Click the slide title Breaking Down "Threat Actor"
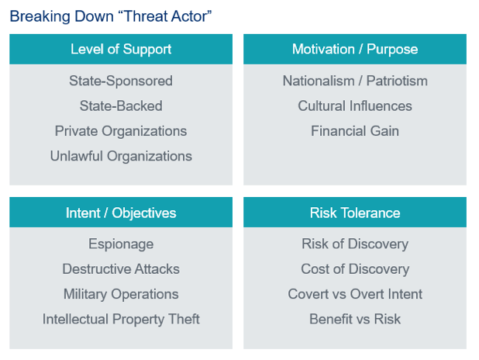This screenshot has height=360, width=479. click(111, 16)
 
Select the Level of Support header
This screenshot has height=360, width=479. click(121, 49)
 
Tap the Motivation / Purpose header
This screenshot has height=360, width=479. click(355, 49)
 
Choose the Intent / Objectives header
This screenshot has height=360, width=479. click(121, 213)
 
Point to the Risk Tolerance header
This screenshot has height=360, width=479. click(355, 213)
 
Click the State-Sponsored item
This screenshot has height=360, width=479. click(121, 81)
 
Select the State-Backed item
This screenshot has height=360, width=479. click(121, 106)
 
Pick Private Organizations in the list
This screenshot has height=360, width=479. click(121, 131)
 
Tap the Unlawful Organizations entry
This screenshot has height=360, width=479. click(121, 156)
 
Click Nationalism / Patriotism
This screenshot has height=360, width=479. click(355, 81)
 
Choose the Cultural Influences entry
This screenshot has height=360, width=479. click(355, 106)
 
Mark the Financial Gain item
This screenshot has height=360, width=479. click(355, 131)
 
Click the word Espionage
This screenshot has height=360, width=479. click(121, 244)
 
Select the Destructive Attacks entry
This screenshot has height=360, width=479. click(121, 269)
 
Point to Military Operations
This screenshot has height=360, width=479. click(121, 294)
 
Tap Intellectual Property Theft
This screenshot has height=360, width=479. click(121, 320)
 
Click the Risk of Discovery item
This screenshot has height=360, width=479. click(355, 244)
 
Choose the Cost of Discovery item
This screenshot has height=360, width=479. click(355, 269)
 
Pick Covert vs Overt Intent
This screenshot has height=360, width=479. click(355, 294)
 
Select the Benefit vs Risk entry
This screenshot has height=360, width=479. click(355, 320)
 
